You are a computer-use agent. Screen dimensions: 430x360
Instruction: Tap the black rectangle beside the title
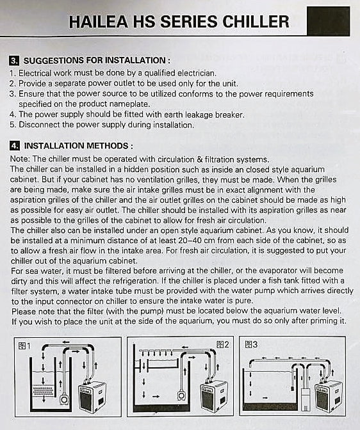(x=328, y=20)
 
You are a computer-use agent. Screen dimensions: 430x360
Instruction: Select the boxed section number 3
(x=14, y=61)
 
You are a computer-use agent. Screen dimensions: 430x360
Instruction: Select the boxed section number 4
(x=14, y=146)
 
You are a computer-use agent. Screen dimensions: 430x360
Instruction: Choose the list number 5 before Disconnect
(x=12, y=125)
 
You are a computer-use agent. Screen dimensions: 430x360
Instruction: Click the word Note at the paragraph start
(x=20, y=159)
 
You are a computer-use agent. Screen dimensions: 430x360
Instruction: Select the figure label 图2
(x=222, y=345)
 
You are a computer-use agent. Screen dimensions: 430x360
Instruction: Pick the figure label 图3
(x=251, y=345)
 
